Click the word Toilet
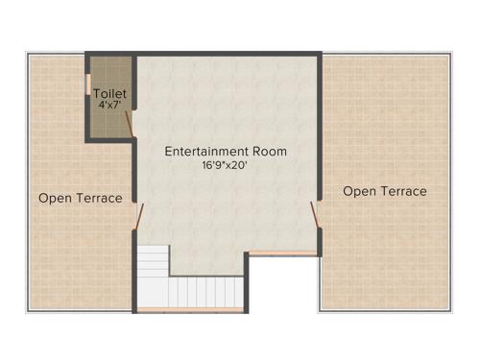point(110,93)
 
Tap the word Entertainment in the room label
point(204,152)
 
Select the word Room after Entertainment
point(269,152)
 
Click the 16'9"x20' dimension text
point(226,165)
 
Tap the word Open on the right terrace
point(360,191)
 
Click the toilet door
point(131,121)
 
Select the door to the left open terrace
point(139,217)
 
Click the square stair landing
point(152,261)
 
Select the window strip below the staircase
point(189,310)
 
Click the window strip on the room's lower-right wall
point(283,253)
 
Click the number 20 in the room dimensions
point(243,165)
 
